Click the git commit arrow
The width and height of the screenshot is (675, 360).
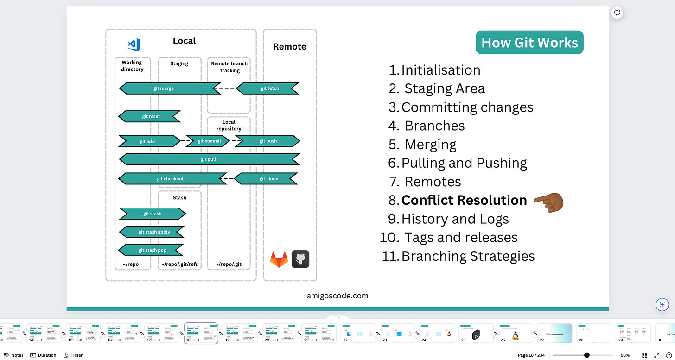(209, 141)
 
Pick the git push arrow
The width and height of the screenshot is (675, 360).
(267, 141)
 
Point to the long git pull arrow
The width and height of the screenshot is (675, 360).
(209, 159)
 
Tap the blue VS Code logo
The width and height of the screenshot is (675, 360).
(134, 44)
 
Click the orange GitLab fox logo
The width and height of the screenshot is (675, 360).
(279, 259)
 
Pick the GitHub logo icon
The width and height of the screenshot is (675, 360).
(300, 259)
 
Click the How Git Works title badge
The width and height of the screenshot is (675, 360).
(529, 43)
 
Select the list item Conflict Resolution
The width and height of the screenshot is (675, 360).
(464, 200)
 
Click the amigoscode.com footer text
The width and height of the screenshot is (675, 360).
(337, 296)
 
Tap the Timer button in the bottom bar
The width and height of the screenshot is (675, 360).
(73, 355)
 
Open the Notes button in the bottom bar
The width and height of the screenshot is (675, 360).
(13, 355)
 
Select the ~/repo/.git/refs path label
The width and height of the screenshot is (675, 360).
(179, 265)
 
